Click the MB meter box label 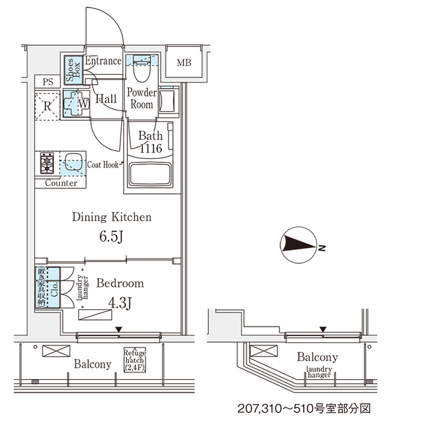tap(184, 64)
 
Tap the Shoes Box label tap(70, 70)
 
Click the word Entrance tap(103, 61)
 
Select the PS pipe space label tap(47, 82)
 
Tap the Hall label tap(106, 100)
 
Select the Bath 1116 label tap(151, 142)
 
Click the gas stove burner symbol tap(47, 163)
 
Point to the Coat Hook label tap(103, 164)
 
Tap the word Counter tap(61, 183)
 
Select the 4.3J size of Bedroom tap(119, 304)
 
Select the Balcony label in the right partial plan tap(317, 358)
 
